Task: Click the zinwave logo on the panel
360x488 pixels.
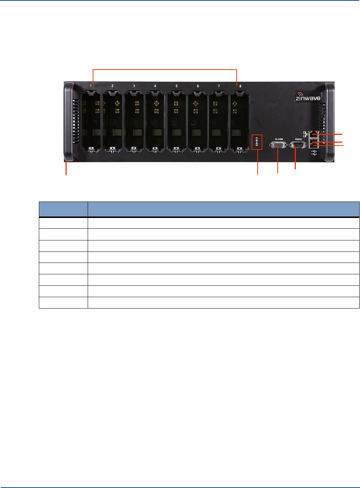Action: [x=308, y=97]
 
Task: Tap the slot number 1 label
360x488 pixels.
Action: [x=91, y=86]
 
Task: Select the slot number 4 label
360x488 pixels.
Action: [x=155, y=86]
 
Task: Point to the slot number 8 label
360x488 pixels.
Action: [x=240, y=86]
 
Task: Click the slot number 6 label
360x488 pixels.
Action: [x=198, y=86]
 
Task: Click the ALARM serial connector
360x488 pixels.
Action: [x=278, y=145]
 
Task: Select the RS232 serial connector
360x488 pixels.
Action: [x=298, y=145]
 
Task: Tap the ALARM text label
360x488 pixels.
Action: [x=279, y=139]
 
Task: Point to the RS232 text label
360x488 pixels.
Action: [x=298, y=139]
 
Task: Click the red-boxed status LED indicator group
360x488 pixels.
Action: [x=257, y=142]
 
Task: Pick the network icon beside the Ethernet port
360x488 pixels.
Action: [x=305, y=134]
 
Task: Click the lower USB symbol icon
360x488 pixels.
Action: [x=314, y=154]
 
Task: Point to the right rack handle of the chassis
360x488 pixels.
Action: [x=330, y=121]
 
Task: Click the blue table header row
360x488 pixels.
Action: [x=199, y=209]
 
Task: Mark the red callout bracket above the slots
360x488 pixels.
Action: [x=165, y=70]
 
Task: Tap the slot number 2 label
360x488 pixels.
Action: [x=112, y=86]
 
